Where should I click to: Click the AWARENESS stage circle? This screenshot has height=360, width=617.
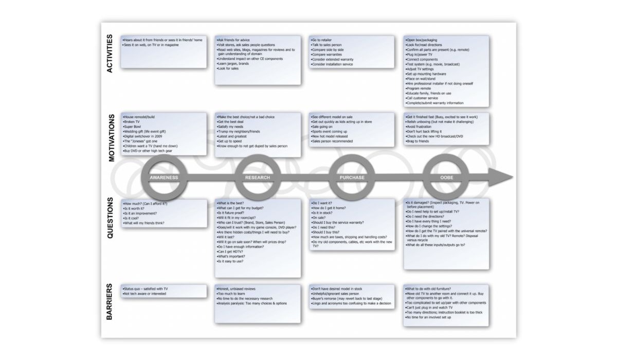164,177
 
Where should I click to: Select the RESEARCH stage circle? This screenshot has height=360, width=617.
258,177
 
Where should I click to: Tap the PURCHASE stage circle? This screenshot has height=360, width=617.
352,177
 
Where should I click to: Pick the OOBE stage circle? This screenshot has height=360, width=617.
447,177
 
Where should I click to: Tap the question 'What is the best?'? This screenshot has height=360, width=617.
231,204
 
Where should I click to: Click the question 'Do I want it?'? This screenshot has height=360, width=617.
324,204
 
